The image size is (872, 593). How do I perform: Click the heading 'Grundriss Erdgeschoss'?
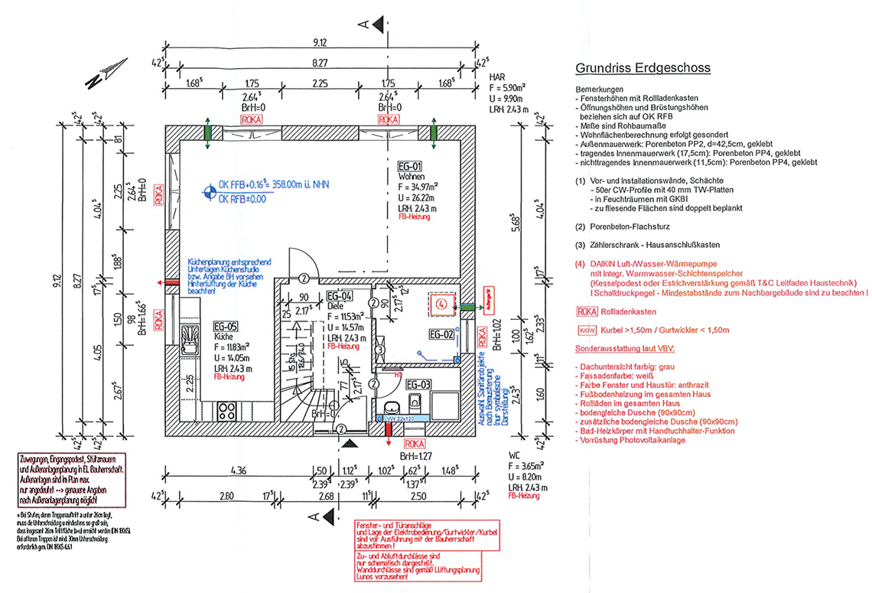[643, 68]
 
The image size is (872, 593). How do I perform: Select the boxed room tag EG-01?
[410, 166]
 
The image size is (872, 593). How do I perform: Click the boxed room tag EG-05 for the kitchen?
[227, 327]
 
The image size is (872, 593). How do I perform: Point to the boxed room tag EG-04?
[339, 296]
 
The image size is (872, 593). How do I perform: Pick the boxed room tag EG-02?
[441, 334]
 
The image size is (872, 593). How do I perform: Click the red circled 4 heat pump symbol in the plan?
[441, 304]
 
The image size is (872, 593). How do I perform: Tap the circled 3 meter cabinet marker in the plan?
[379, 350]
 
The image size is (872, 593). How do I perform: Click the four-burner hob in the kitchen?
[226, 409]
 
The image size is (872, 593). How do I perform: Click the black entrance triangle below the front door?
[350, 443]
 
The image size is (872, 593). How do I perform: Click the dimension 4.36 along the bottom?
[236, 471]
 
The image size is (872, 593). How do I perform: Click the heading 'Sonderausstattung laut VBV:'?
[626, 349]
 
